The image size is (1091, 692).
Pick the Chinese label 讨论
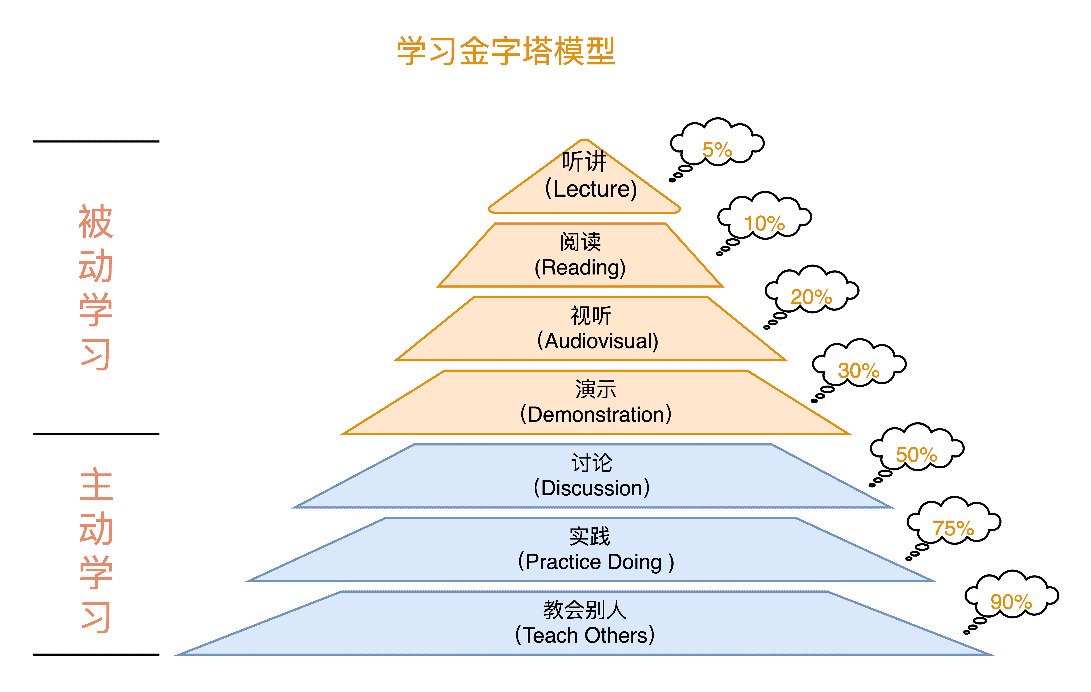click(x=592, y=463)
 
